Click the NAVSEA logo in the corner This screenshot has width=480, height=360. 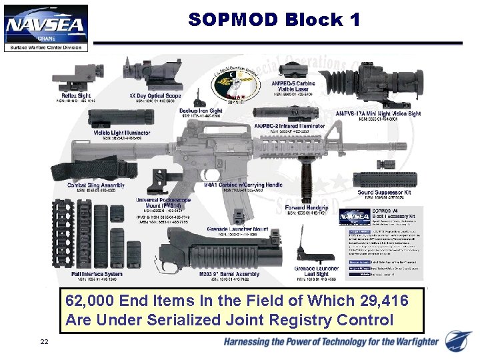coord(45,27)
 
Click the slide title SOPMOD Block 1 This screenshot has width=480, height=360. coord(274,20)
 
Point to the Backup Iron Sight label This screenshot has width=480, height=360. coord(202,111)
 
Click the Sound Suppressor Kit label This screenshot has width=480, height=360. coord(384,192)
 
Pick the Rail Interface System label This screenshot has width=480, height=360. coord(97,274)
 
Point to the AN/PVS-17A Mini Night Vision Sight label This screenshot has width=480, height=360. coord(378,113)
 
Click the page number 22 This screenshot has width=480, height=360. coord(44,342)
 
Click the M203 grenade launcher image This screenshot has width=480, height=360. coord(220,251)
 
